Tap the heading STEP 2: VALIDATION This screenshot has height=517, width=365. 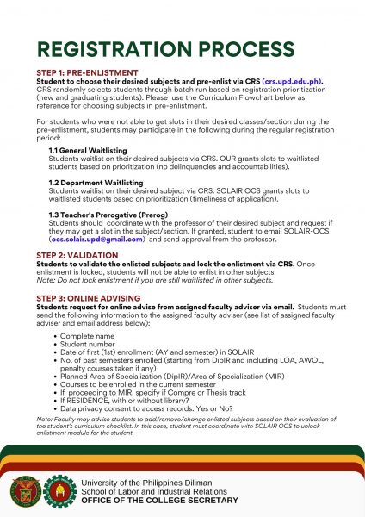[77, 256]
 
